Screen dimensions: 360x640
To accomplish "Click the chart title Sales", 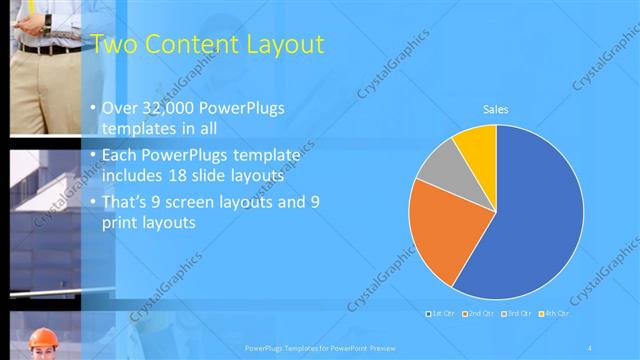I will (x=495, y=110).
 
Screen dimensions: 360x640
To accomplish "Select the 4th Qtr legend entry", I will (x=554, y=313).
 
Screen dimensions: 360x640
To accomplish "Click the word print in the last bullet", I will (x=123, y=222).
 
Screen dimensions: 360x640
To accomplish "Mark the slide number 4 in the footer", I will (x=591, y=347).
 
